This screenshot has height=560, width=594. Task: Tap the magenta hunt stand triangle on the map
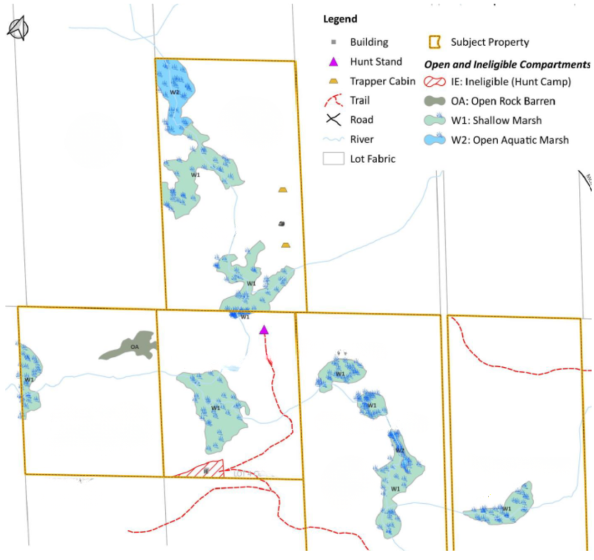pyautogui.click(x=264, y=330)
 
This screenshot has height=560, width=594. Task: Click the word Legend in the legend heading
pyautogui.click(x=340, y=19)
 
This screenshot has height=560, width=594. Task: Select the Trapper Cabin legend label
pyautogui.click(x=382, y=81)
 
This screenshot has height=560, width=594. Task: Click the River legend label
pyautogui.click(x=362, y=139)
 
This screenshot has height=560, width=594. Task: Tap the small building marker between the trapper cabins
pyautogui.click(x=281, y=223)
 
